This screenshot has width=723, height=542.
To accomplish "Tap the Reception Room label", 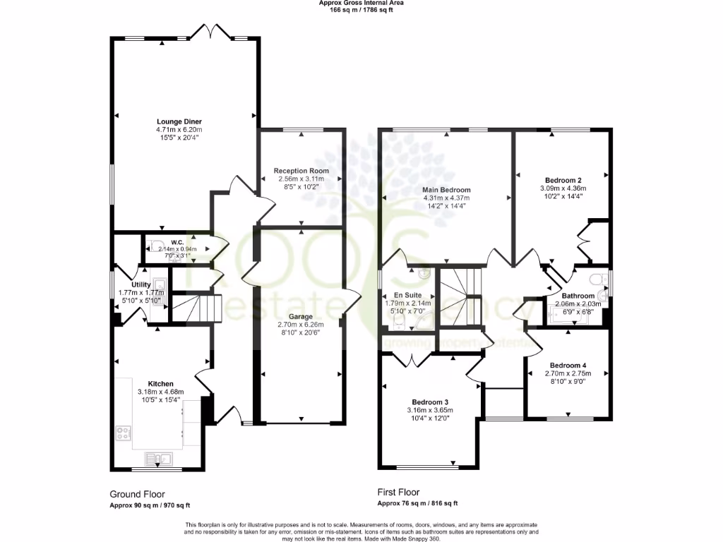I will pos(301,171).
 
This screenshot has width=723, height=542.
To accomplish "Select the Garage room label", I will pos(301,317).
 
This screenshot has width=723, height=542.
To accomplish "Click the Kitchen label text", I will pos(161,384).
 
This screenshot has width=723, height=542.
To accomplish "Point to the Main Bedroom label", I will pos(446,190).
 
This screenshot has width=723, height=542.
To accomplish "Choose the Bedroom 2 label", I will pos(563,180).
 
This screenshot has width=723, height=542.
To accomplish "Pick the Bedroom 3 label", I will pos(429,402).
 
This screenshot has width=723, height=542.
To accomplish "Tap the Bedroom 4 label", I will pos(568,366).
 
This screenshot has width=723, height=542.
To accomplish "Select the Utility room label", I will pos(141,285).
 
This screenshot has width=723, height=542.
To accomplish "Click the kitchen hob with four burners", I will pos(123,433).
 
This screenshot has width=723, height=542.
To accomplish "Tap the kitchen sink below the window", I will pos(160,459).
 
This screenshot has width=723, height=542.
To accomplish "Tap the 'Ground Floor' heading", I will pos(137,494).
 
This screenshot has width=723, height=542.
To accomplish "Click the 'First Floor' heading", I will pos(398,492).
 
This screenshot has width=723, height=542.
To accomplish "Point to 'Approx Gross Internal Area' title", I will pos(361,4).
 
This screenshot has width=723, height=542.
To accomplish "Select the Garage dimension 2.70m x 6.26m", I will pos(301,325).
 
